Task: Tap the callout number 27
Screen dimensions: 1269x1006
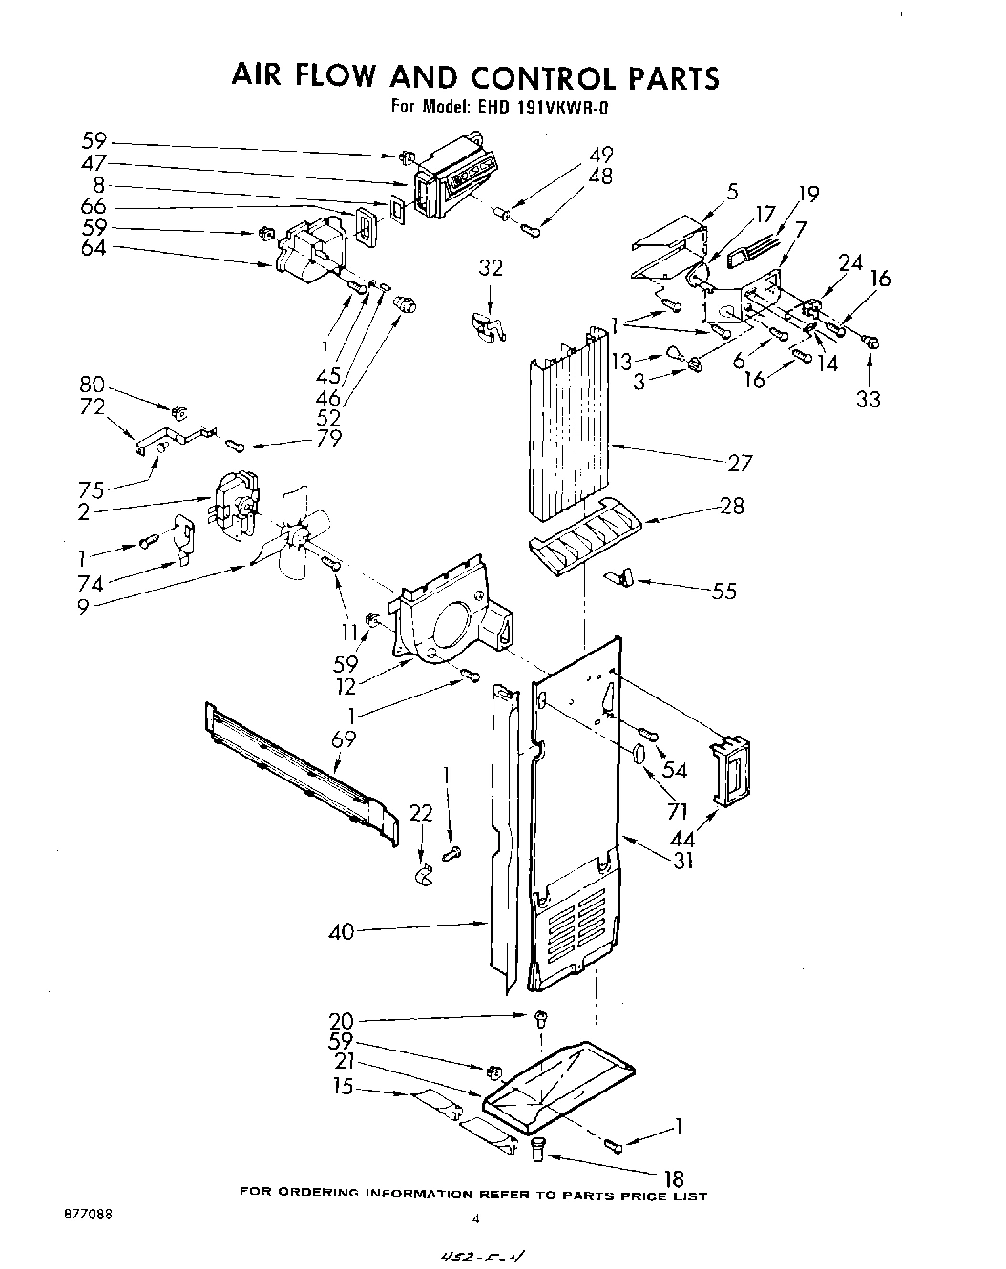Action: [740, 464]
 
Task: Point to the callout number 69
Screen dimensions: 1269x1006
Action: [344, 738]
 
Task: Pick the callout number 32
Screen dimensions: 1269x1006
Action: [491, 269]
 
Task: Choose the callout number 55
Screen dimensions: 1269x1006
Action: [724, 591]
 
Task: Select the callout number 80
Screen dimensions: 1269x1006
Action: [93, 386]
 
